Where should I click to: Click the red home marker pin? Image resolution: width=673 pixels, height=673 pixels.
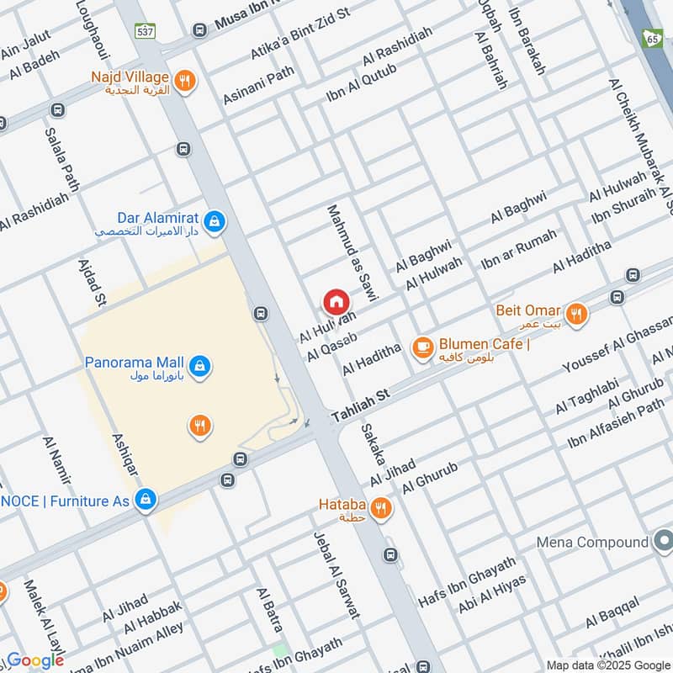click(336, 301)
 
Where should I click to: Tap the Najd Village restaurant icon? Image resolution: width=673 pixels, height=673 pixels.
click(185, 81)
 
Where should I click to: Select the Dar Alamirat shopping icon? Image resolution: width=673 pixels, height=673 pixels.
click(215, 221)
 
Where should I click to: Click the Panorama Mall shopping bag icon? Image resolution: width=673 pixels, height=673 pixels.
click(200, 366)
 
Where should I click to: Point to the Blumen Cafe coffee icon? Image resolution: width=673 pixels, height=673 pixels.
click(421, 346)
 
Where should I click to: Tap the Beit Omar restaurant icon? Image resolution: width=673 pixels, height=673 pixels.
click(576, 314)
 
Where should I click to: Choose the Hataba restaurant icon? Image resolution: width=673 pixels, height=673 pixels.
click(380, 508)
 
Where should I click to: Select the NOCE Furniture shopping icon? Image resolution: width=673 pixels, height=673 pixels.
click(146, 500)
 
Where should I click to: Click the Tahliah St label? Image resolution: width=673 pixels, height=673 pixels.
click(362, 405)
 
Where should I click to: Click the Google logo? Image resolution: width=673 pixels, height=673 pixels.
click(35, 660)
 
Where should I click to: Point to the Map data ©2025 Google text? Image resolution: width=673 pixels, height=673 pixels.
click(607, 665)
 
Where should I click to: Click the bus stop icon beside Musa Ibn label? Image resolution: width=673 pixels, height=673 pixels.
click(200, 30)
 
